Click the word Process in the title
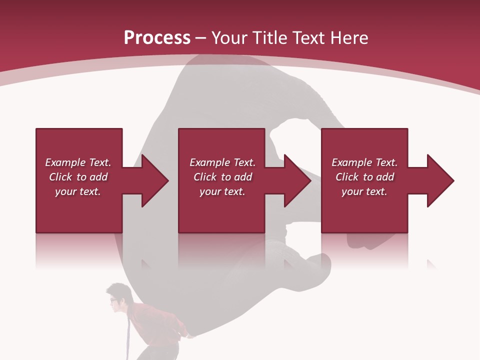click(x=157, y=38)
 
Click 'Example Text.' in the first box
click(x=78, y=162)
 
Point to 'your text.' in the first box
click(x=78, y=191)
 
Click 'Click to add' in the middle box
click(x=222, y=177)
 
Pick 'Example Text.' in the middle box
click(x=222, y=162)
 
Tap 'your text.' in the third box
click(x=364, y=191)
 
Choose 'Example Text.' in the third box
click(x=364, y=162)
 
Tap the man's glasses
click(x=114, y=301)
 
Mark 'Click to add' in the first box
click(x=78, y=177)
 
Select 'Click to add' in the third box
click(x=364, y=177)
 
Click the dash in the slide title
click(x=201, y=38)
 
